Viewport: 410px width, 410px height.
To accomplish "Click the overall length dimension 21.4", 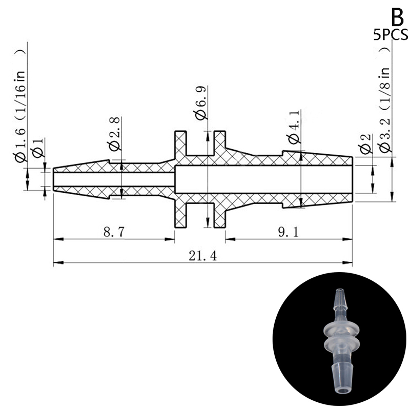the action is (x=202, y=256).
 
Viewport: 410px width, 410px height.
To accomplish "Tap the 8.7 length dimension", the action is (x=114, y=232).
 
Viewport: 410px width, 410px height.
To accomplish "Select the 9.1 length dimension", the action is (x=288, y=232).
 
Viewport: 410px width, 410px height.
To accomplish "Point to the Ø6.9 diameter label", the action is (x=201, y=102).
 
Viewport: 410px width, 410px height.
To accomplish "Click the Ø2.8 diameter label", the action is (x=115, y=134).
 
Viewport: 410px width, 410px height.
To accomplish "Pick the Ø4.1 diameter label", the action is (x=294, y=127).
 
